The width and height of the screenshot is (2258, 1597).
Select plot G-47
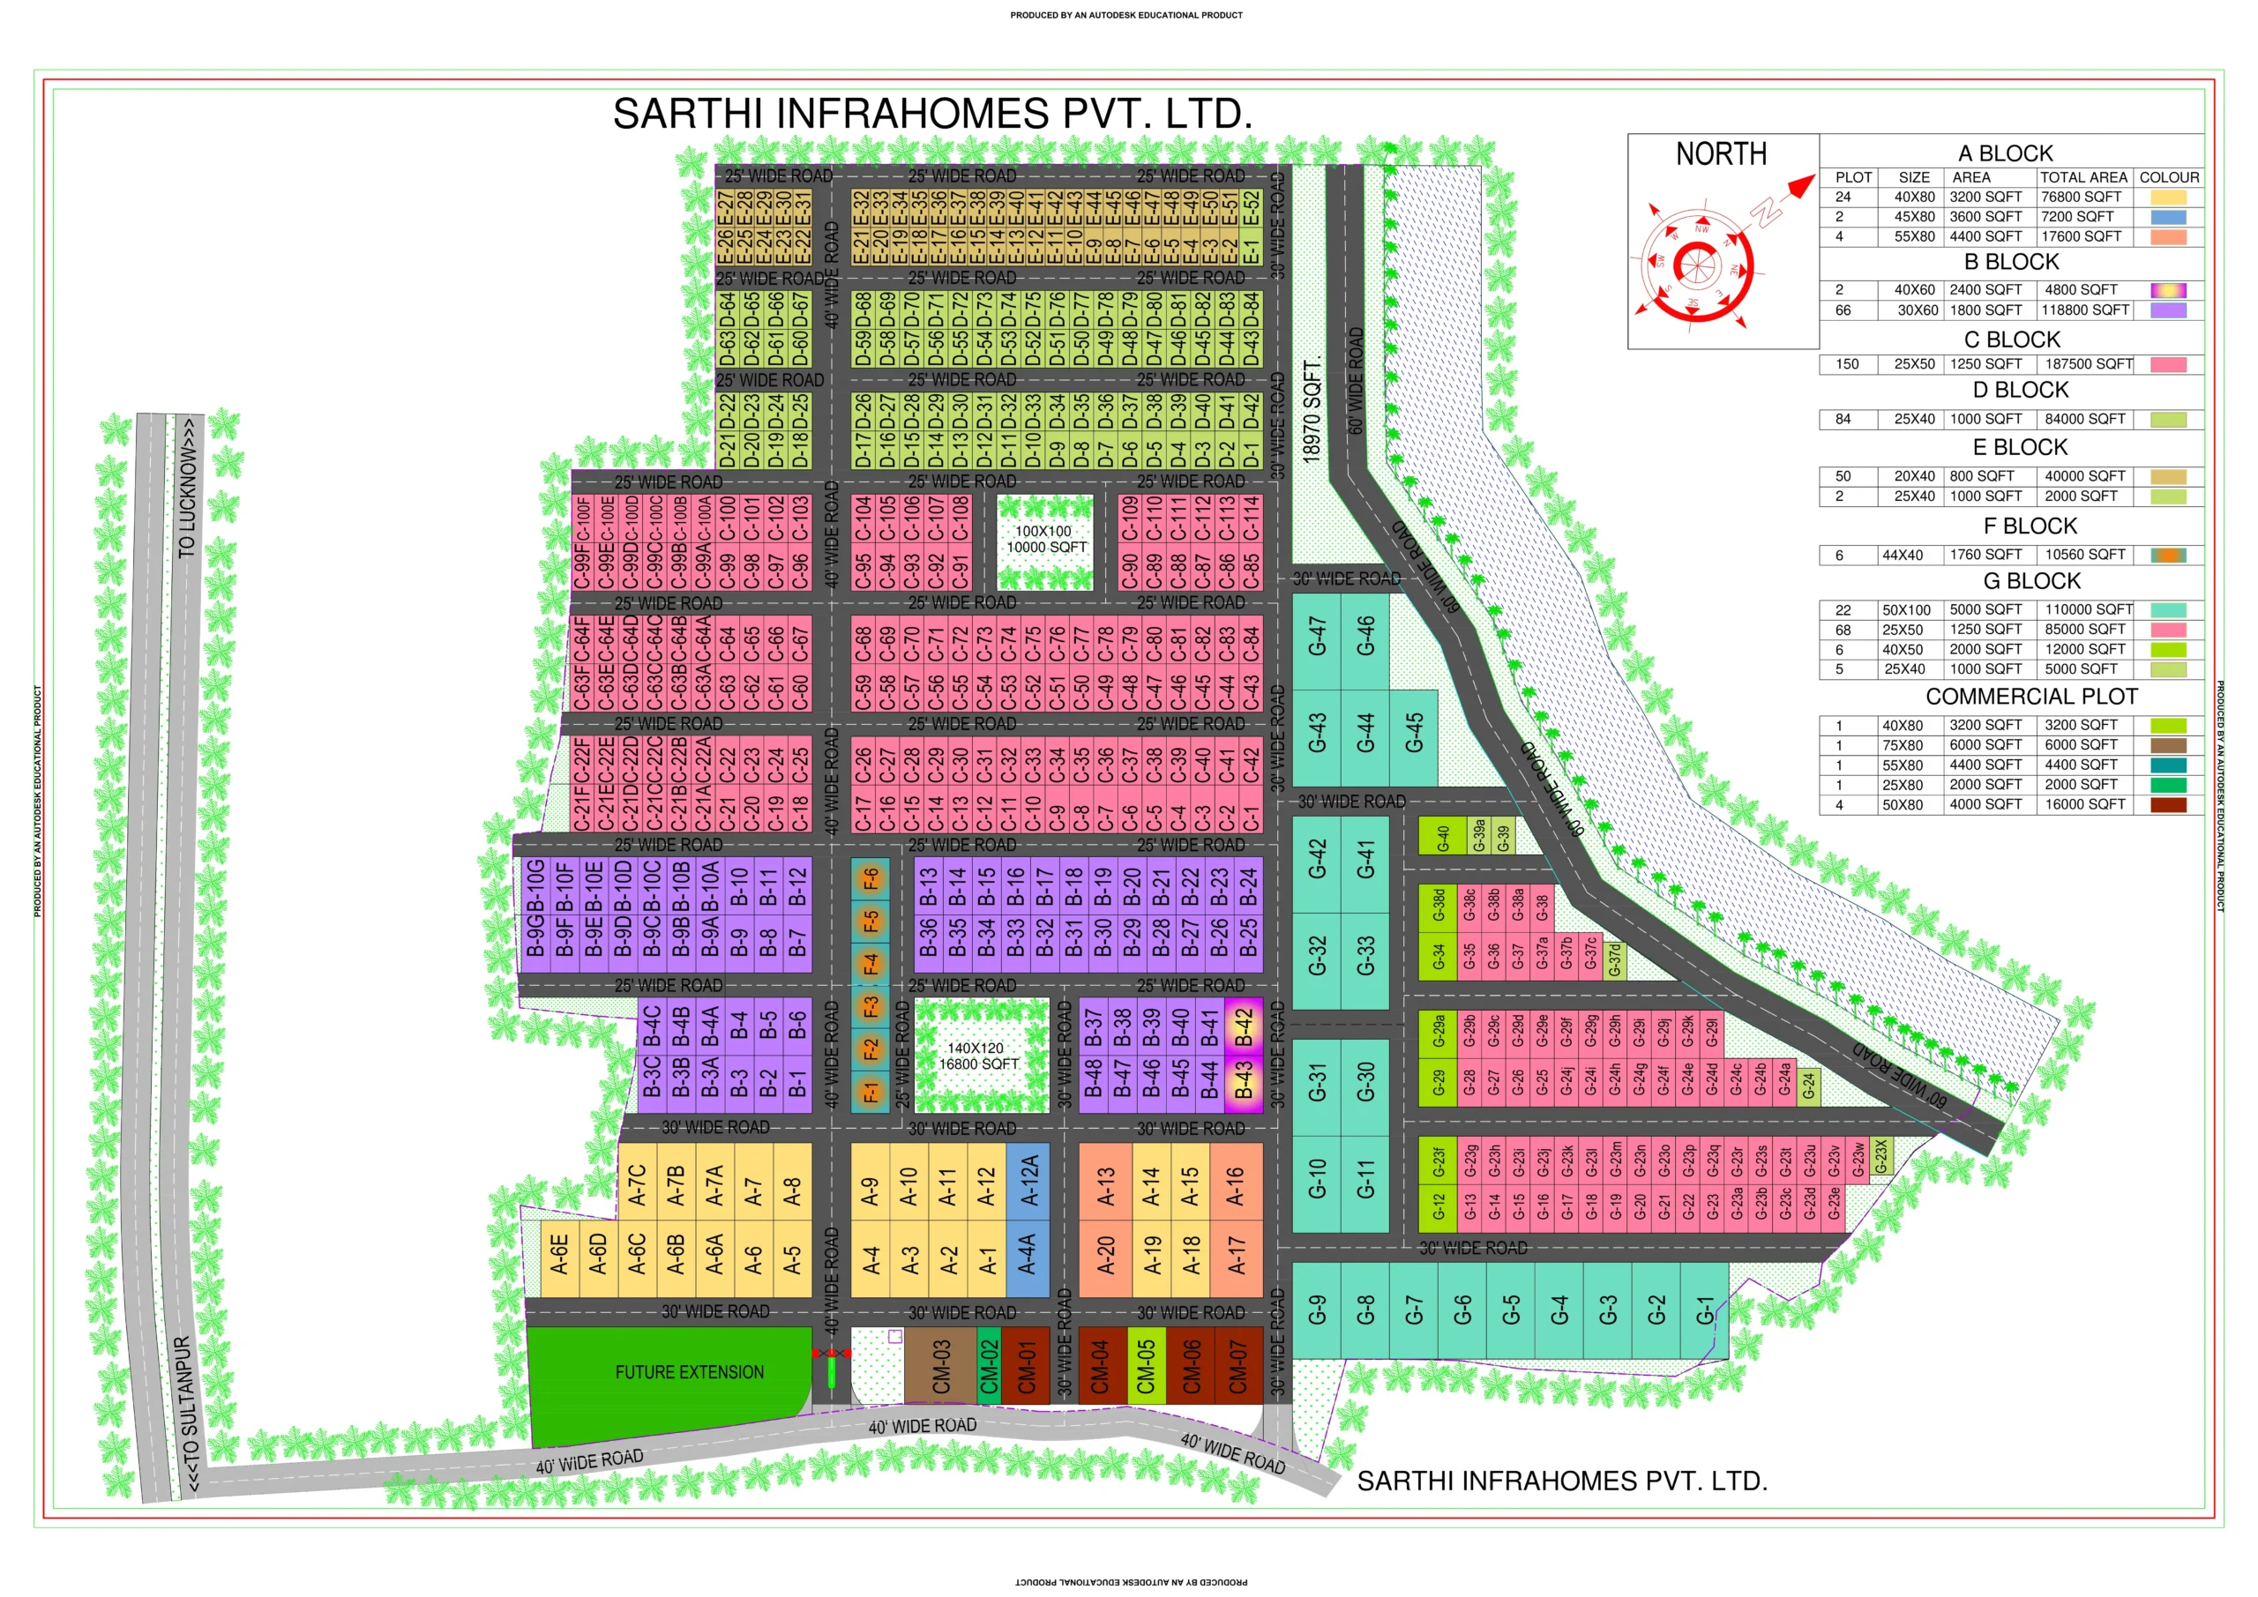tap(1317, 637)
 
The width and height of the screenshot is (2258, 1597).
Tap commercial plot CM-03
tap(940, 1366)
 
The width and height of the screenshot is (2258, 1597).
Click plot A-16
tap(1235, 1186)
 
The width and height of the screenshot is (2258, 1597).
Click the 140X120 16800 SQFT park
tap(980, 1056)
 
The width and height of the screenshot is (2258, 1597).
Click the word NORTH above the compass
tap(1721, 154)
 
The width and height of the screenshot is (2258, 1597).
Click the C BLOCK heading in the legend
tap(2011, 340)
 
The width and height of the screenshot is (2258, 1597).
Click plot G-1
tap(1704, 1310)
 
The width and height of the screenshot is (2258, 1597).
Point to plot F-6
tap(871, 879)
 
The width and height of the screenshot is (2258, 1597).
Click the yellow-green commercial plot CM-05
tap(1146, 1367)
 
